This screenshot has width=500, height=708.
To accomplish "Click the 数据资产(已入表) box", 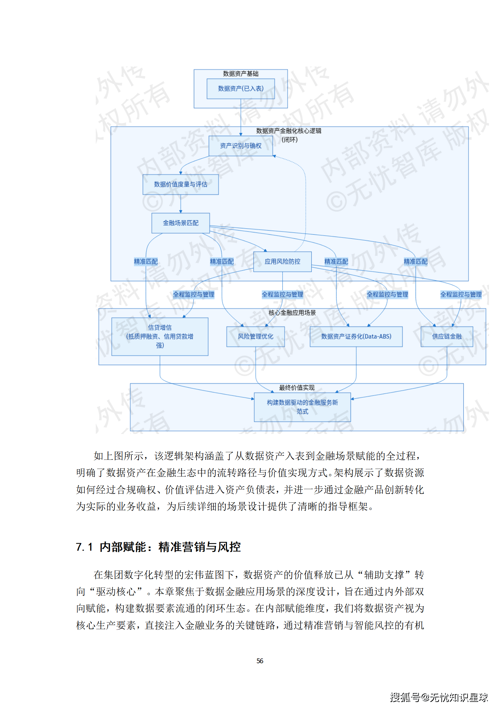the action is click(241, 89).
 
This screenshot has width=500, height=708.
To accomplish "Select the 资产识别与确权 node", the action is click(241, 146).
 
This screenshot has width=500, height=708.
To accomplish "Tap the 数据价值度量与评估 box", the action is click(181, 184).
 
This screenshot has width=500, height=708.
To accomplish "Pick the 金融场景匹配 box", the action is click(181, 223).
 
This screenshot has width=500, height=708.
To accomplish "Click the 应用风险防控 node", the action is click(282, 261).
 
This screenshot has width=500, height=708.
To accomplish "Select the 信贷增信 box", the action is click(160, 336).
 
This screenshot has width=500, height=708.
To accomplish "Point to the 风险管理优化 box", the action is click(256, 336).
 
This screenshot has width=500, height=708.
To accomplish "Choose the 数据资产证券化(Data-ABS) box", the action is click(356, 336).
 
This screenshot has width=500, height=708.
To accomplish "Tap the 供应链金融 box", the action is click(447, 336).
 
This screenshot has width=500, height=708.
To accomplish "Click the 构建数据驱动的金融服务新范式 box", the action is click(302, 407).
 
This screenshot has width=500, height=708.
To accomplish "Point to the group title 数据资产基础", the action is click(241, 74).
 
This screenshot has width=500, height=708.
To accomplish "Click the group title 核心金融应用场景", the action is click(292, 313).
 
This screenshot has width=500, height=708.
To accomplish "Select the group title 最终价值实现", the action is click(296, 388).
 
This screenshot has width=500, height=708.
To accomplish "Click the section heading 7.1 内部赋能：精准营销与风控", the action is click(158, 547).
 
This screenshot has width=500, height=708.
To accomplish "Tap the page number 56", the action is click(260, 661).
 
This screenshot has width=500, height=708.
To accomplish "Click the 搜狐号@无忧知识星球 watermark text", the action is click(439, 697).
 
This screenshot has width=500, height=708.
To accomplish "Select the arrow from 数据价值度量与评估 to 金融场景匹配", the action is click(181, 204).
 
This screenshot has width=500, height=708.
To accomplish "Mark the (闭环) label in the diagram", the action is click(290, 140).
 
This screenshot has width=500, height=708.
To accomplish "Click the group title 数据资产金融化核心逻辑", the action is click(289, 131).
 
